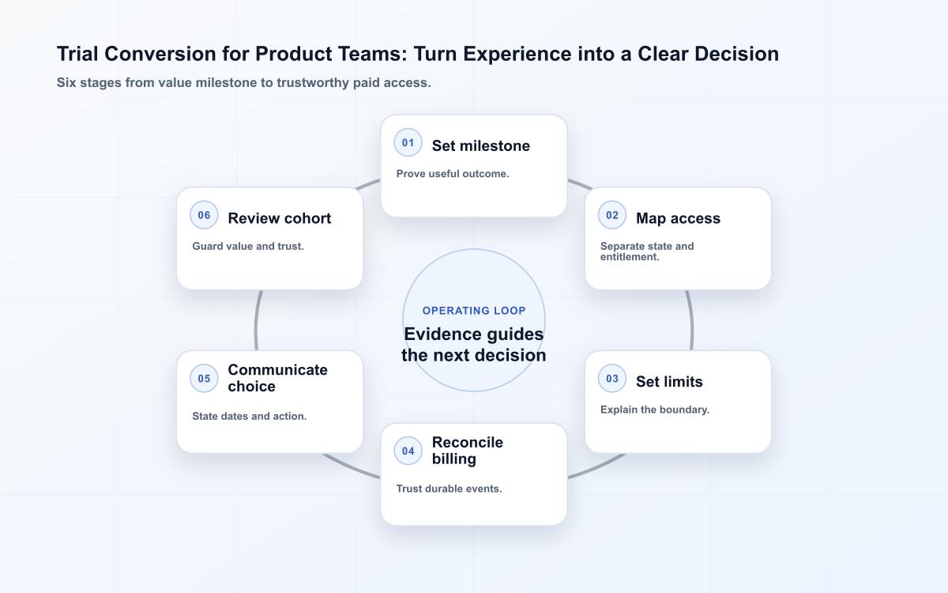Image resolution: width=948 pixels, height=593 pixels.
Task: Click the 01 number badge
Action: tap(408, 143)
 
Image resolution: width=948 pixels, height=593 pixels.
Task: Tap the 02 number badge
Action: tap(612, 215)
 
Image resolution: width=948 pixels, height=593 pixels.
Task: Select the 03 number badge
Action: tap(612, 378)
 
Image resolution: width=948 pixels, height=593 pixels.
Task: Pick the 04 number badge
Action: tap(408, 451)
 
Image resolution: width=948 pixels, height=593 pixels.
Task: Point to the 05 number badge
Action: tap(204, 378)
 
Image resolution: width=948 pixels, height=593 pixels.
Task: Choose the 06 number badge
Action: tap(204, 215)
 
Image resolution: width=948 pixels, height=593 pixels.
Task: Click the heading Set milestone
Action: tap(481, 145)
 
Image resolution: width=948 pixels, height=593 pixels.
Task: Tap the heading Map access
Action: tap(678, 218)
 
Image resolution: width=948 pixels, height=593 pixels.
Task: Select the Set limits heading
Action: tap(669, 382)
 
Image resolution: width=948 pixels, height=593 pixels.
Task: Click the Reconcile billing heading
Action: tap(467, 450)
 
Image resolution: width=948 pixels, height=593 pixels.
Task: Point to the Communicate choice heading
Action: tap(277, 378)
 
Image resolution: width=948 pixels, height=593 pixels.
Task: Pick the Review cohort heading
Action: tap(280, 218)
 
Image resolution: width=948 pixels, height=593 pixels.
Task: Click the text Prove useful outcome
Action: tap(453, 174)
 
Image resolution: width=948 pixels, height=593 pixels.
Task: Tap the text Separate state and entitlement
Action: tap(647, 251)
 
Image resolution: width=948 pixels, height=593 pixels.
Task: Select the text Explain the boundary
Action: tap(655, 410)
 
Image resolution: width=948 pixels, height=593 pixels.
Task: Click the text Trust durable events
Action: tap(449, 489)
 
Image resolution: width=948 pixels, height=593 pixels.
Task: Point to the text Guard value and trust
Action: tap(248, 246)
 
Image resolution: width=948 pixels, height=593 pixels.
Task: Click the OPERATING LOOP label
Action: tap(474, 311)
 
